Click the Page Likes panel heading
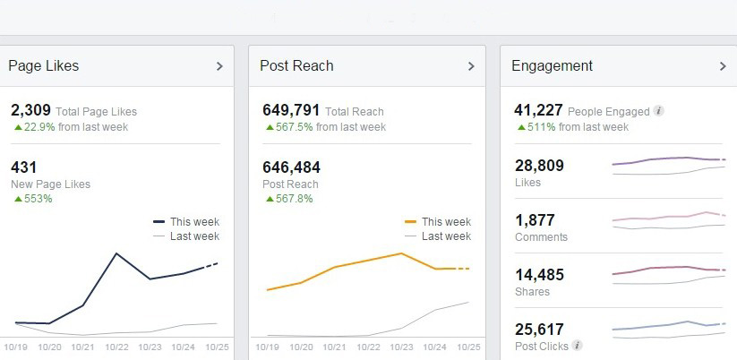tap(44, 65)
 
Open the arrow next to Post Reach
tap(471, 66)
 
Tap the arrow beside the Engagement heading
tap(723, 66)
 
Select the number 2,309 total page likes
tap(30, 111)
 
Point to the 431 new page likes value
tap(22, 167)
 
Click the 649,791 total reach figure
tap(291, 111)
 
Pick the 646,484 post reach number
tap(291, 167)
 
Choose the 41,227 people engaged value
tap(538, 111)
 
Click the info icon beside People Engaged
tap(659, 112)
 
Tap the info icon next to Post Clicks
tap(578, 346)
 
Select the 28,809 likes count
tap(539, 166)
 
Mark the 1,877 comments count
tap(535, 220)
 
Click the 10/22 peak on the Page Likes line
tap(116, 253)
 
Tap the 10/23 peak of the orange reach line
tap(401, 253)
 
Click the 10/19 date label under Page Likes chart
tap(15, 347)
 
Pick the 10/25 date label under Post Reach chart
tap(469, 347)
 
